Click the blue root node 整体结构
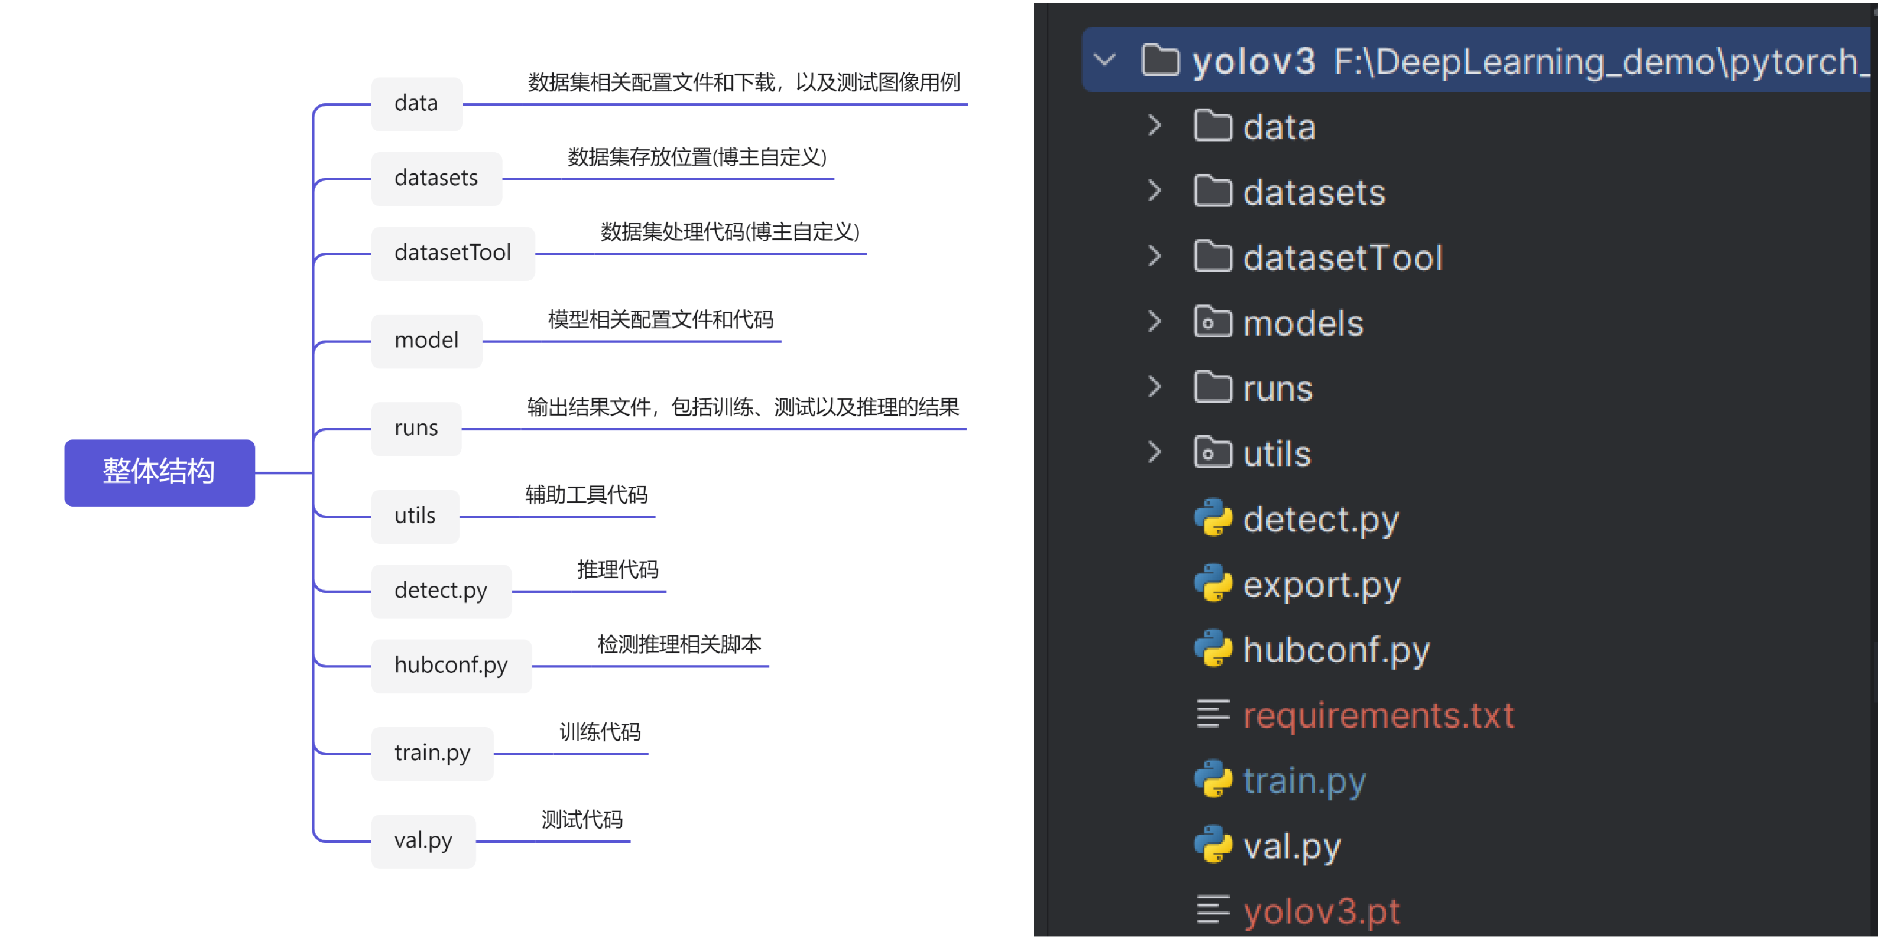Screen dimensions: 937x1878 click(159, 472)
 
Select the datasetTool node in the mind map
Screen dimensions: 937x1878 click(453, 253)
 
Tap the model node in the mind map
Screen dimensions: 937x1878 click(426, 340)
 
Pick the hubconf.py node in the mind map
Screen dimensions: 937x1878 click(451, 665)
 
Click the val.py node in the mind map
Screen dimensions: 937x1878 click(423, 841)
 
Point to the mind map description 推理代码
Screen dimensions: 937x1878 click(618, 570)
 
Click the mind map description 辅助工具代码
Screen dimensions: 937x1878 click(586, 495)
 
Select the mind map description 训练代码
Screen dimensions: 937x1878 click(599, 732)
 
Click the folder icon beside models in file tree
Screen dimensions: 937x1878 click(1212, 322)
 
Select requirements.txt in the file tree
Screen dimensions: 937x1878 click(1378, 715)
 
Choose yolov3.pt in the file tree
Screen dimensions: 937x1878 click(1321, 911)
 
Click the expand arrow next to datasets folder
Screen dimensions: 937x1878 click(1154, 191)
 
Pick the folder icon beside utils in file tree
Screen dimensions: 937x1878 click(1212, 453)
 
